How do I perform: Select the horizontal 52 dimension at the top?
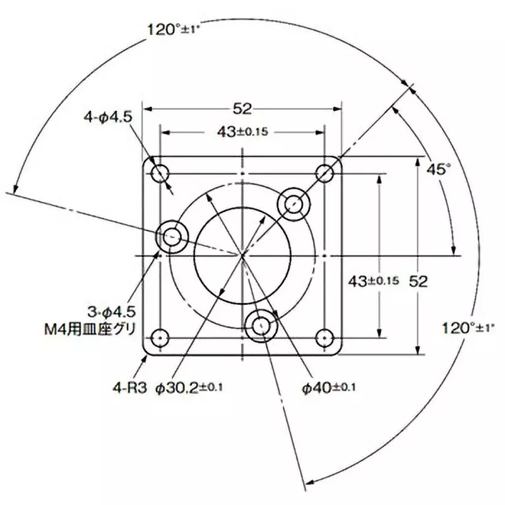pos(242,109)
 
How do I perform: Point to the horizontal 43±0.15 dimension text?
pos(242,133)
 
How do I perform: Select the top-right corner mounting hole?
pos(324,172)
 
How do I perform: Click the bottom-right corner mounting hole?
pos(324,336)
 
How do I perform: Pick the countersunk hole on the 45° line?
pos(294,203)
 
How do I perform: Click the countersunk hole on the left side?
pos(172,237)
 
